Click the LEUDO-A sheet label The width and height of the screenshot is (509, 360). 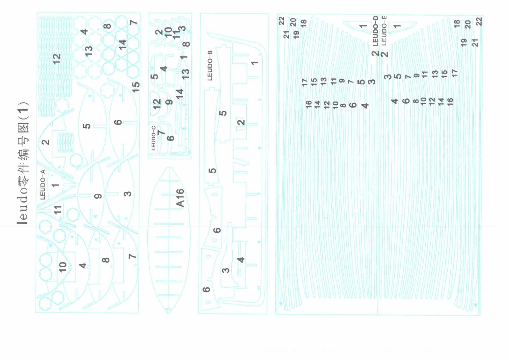43,184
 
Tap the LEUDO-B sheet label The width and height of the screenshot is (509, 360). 210,65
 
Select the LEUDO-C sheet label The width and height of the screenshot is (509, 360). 153,138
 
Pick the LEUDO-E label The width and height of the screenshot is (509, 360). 384,30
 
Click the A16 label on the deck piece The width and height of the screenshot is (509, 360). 180,198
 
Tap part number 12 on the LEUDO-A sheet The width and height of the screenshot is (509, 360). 56,59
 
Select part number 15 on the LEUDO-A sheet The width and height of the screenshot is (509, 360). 136,87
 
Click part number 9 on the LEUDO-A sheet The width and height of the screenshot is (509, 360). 98,196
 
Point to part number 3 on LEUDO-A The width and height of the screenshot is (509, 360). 127,194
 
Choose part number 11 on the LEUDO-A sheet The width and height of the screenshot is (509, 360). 57,210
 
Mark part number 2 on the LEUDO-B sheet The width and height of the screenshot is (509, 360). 241,122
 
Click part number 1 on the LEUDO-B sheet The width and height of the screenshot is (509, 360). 254,63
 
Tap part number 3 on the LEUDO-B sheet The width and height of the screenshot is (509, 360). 225,270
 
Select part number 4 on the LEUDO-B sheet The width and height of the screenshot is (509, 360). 241,260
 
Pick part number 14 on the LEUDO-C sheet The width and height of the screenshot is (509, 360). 180,93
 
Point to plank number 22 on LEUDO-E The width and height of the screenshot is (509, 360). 479,22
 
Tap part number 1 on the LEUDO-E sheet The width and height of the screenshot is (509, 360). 397,26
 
